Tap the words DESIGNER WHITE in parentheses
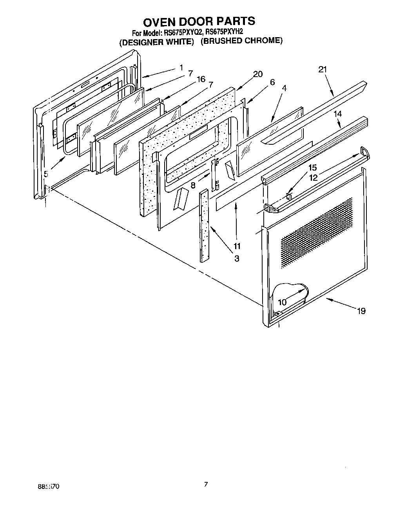157,42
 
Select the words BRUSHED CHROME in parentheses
241,41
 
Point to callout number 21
322,69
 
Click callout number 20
257,74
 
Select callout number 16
201,79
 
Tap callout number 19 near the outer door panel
361,311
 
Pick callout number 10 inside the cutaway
282,302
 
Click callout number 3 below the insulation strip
237,259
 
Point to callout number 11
237,246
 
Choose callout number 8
193,185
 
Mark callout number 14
337,114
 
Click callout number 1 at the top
181,67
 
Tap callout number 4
284,88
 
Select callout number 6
272,82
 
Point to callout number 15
312,167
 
